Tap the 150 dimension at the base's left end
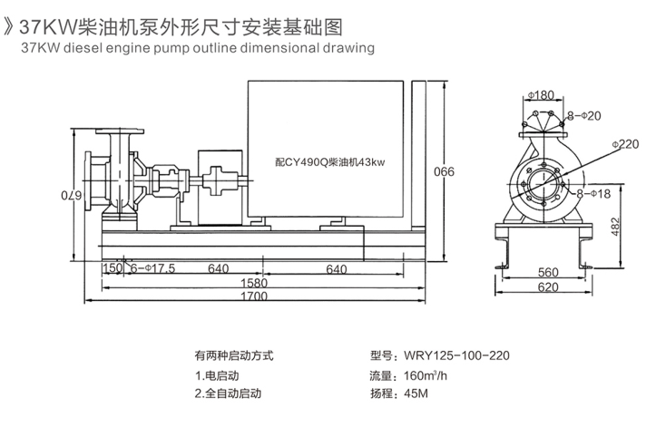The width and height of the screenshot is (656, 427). click(112, 268)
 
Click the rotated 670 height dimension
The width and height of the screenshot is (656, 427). click(66, 195)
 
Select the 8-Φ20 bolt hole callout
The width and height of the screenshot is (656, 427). click(583, 117)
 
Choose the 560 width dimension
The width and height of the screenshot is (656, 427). click(547, 271)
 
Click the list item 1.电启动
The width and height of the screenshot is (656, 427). click(216, 374)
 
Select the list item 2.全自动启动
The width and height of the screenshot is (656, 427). click(227, 393)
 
